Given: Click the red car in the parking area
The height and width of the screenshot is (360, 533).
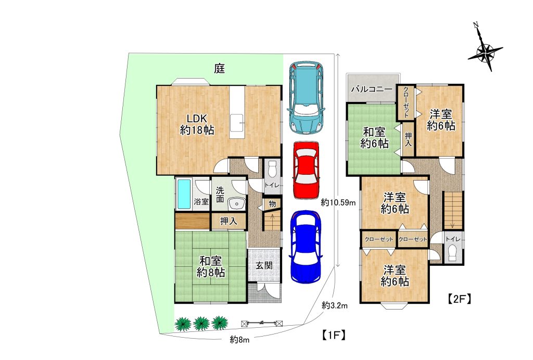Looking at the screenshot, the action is [x=306, y=170].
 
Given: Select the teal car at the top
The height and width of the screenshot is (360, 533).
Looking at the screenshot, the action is [x=306, y=98].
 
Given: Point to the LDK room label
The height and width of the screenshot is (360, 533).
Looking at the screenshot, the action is [x=197, y=124].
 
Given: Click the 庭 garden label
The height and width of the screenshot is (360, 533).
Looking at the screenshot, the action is [x=220, y=69].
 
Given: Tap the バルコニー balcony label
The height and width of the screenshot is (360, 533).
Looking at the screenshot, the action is [x=372, y=89].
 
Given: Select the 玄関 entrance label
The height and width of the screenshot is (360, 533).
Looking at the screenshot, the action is [x=264, y=265].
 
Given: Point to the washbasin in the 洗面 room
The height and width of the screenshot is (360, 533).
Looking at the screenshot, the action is [x=237, y=204].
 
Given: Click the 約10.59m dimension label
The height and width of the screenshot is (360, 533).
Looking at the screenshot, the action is [x=338, y=203].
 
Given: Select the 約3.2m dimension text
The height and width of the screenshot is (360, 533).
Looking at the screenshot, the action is [x=335, y=305].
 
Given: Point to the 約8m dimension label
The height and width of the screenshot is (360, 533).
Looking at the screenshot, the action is [x=239, y=339].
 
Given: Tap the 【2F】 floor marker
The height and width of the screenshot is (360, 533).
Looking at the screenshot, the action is [x=459, y=299].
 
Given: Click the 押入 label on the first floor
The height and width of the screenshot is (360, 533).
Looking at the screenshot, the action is [x=229, y=222].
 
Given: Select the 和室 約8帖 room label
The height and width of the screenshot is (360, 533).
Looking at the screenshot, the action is [x=211, y=266].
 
